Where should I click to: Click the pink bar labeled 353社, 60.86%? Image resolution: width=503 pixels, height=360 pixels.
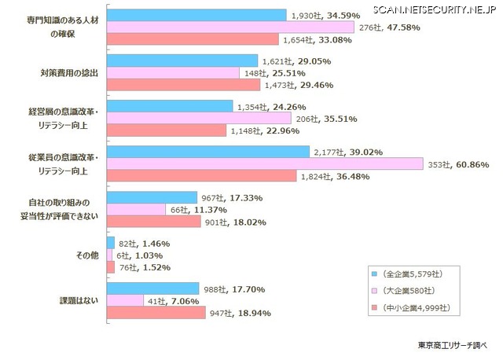[263, 164]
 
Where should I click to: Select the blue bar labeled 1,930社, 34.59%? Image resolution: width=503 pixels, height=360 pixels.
[196, 15]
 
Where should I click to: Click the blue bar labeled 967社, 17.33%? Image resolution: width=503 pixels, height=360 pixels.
[151, 197]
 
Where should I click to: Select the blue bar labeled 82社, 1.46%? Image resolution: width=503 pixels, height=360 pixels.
[110, 243]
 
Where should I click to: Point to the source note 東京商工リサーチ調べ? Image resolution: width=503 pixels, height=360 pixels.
[452, 345]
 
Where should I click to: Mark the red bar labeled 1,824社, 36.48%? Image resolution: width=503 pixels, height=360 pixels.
[200, 177]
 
